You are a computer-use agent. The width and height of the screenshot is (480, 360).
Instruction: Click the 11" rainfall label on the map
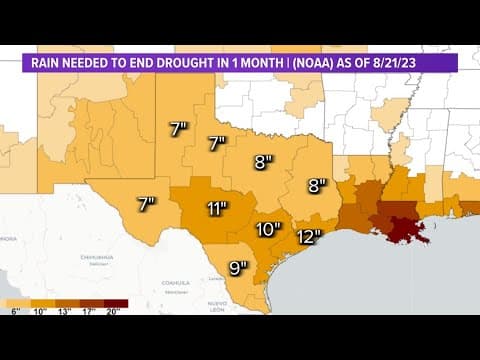click(x=216, y=209)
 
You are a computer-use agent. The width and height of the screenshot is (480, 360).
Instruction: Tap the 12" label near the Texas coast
click(x=308, y=237)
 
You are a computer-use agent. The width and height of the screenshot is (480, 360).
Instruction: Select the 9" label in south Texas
click(x=239, y=267)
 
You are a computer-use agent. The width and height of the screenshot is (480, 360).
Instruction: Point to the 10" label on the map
click(x=267, y=229)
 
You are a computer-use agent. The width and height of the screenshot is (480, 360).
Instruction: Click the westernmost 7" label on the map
click(x=146, y=204)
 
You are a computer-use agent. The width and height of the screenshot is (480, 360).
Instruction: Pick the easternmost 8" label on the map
click(x=318, y=185)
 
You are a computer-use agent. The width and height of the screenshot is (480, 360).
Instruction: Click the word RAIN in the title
click(x=46, y=63)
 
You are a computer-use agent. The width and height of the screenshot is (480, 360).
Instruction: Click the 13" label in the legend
click(x=64, y=312)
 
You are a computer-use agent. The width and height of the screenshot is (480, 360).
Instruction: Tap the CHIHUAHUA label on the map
click(x=97, y=257)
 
